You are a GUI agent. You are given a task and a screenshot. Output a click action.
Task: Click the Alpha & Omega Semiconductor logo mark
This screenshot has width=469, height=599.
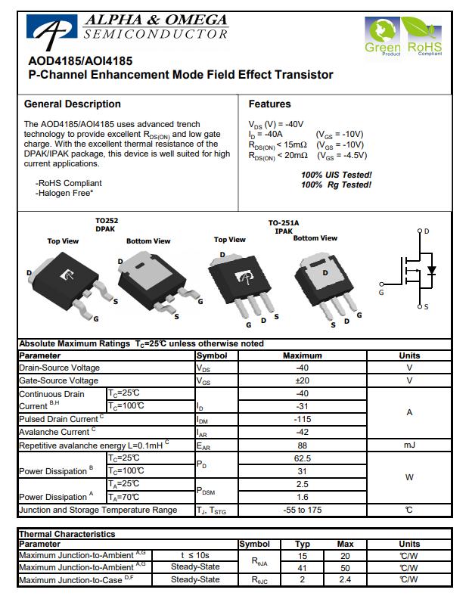[50, 29]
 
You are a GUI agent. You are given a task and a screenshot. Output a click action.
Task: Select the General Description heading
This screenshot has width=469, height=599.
[73, 104]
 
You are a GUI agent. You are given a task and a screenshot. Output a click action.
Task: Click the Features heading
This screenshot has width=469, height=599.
[269, 104]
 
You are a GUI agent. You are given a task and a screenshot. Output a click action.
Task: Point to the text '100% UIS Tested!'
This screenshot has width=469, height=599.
[336, 175]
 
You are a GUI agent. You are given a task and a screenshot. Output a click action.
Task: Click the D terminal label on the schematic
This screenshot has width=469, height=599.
[426, 231]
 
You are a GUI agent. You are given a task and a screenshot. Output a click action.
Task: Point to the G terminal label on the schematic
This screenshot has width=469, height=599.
[381, 292]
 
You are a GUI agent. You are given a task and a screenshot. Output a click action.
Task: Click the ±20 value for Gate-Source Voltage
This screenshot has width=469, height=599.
[302, 381]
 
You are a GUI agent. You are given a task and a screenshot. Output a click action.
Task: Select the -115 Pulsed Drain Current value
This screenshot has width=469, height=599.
[302, 419]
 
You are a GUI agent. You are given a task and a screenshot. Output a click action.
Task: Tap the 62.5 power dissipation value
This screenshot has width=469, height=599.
[302, 458]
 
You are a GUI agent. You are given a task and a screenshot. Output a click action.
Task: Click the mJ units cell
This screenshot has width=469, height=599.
[409, 445]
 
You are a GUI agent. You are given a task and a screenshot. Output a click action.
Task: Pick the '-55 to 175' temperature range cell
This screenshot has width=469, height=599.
[302, 510]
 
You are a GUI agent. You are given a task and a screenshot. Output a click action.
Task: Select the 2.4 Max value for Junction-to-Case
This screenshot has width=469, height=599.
[345, 579]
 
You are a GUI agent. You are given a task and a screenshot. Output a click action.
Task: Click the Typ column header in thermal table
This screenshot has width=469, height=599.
[303, 544]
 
